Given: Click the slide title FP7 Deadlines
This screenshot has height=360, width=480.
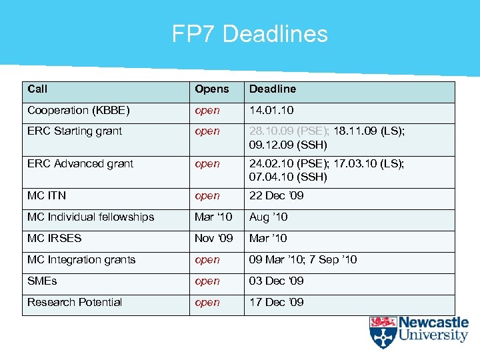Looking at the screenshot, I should pos(250,33).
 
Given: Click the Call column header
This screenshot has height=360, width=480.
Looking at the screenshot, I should pos(37,89).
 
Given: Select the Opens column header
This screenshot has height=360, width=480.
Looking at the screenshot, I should pos(211,89).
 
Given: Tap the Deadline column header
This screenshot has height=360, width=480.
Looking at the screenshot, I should pos(272,89).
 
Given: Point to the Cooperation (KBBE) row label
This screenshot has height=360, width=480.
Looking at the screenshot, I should pos(79,110).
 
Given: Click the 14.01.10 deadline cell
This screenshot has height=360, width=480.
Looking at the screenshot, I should pos(271,110).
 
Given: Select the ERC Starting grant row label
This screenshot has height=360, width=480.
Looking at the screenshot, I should pos(75,131).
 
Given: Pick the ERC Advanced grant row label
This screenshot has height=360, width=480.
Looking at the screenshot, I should pos(80,163).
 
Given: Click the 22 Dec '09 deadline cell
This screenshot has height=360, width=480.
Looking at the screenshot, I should pos(276,195).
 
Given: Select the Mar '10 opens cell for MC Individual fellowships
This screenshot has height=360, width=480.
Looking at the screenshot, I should pos(213,217).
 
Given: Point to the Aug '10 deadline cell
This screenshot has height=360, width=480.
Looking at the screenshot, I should pos(268,217).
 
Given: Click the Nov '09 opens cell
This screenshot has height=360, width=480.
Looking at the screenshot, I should pos(213,238).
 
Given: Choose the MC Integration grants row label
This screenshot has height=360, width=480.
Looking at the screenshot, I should pos(81,259).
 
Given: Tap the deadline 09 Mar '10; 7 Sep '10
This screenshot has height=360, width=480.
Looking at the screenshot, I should pos(303,259).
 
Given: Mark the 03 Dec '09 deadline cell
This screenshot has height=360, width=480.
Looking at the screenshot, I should pos(276,281).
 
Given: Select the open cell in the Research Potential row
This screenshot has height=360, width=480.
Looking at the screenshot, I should pos(207,302).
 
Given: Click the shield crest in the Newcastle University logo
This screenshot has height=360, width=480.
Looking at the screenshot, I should pos(383,332).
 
